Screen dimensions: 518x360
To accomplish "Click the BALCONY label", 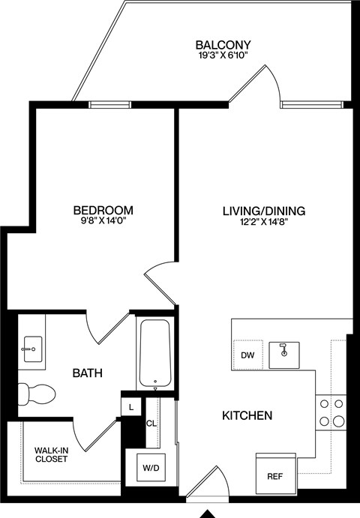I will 223,44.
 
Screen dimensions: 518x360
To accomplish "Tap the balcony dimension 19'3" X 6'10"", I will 223,55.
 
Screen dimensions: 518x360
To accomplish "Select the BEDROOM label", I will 103,210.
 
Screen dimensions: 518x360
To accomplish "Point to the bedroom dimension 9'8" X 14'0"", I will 103,221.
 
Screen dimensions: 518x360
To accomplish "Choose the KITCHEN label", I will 246,415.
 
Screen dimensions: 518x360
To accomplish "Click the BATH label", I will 87,373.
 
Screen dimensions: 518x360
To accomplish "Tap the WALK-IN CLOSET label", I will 51,454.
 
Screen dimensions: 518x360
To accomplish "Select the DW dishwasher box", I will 247,355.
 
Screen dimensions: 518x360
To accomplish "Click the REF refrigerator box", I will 275,475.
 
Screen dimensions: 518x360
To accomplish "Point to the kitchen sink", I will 285,351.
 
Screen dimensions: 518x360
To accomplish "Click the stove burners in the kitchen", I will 330,413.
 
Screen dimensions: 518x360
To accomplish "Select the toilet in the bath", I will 37,391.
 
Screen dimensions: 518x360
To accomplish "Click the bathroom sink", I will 32,347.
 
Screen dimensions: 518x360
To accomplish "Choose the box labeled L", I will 131,406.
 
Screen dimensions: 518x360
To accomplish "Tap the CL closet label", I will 151,423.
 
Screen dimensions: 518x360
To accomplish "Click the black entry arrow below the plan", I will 208,513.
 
